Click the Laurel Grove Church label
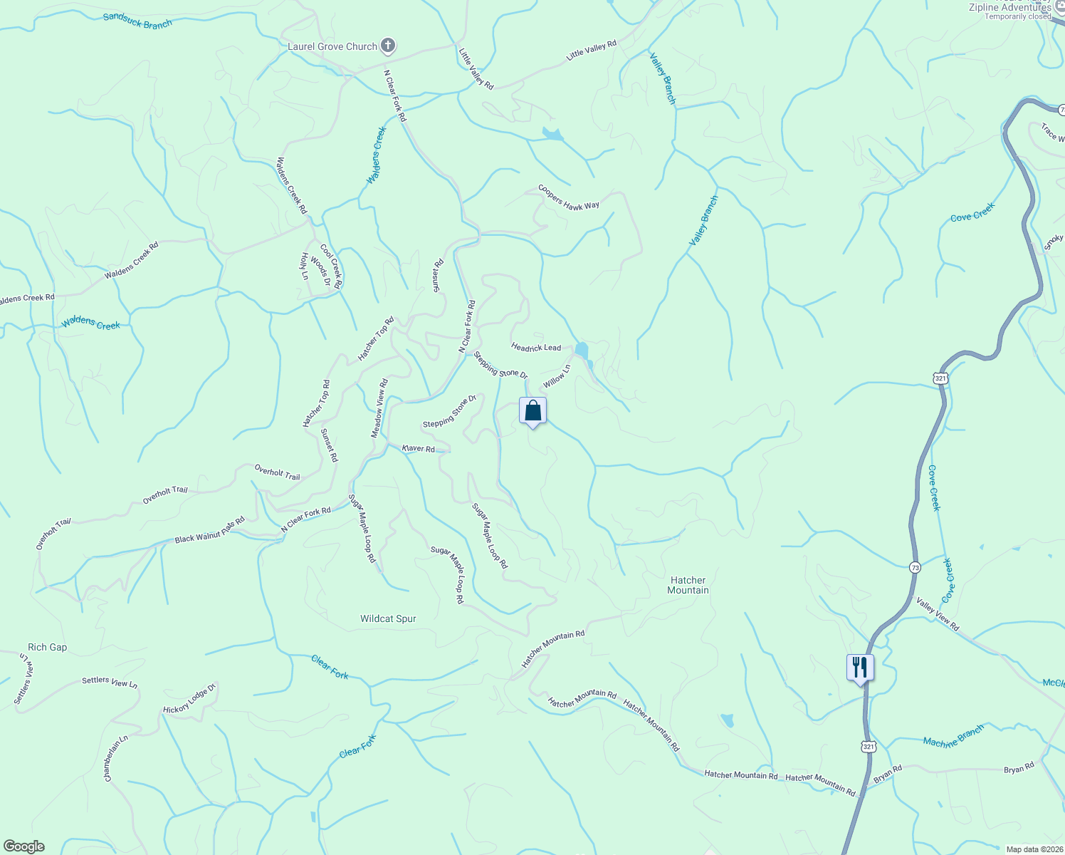tap(332, 47)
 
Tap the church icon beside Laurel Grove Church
tap(388, 47)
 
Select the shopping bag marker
tap(532, 411)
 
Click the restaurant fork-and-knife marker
tap(860, 668)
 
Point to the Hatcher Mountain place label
tap(688, 585)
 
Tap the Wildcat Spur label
tap(388, 618)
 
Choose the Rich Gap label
tap(47, 647)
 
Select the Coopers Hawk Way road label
tap(568, 197)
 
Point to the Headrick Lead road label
tap(536, 347)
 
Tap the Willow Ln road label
tap(557, 377)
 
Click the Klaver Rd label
tap(418, 449)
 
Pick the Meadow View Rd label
tap(379, 408)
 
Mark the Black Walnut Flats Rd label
tap(210, 530)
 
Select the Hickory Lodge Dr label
tap(189, 699)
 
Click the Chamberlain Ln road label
tap(115, 758)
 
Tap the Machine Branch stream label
tap(953, 735)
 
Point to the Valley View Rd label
tap(938, 614)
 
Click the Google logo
tap(23, 846)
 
